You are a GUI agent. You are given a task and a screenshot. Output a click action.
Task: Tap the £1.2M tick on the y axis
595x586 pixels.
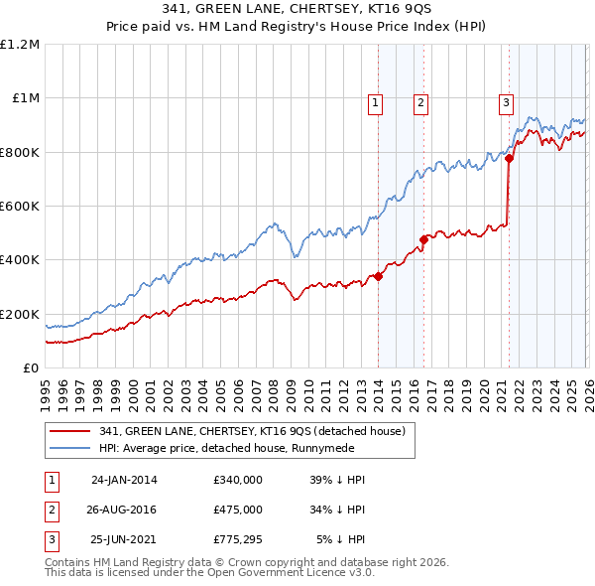click(x=20, y=45)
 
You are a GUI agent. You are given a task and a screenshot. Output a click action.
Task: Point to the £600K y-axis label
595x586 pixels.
click(x=20, y=207)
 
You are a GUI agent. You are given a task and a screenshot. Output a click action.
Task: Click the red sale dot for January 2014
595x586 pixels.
click(x=379, y=276)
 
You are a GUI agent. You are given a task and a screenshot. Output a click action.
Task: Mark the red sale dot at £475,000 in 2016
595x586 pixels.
click(x=423, y=239)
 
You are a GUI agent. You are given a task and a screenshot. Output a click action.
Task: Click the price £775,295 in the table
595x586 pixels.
click(x=238, y=540)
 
